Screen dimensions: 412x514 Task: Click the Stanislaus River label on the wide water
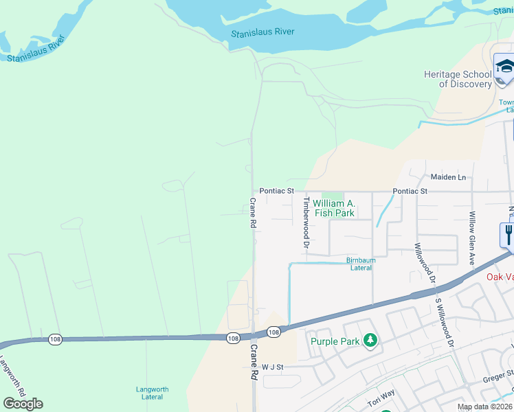click(262, 32)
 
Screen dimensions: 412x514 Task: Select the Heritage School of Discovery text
click(458, 79)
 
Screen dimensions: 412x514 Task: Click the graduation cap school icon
click(505, 67)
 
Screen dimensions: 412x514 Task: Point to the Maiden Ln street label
click(448, 177)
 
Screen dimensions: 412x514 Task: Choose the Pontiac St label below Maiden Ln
click(410, 191)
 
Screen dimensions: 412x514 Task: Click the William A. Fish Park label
click(334, 208)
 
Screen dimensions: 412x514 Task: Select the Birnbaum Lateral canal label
click(361, 264)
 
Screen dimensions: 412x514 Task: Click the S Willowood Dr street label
click(444, 323)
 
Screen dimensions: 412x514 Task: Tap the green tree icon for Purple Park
click(370, 341)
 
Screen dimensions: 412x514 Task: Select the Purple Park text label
click(335, 341)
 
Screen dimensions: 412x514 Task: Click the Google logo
click(23, 404)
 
